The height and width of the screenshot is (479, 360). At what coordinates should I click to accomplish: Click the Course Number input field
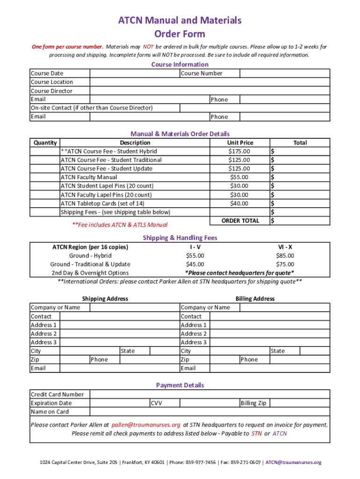285,73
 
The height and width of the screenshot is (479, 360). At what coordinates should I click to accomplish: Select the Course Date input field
135,73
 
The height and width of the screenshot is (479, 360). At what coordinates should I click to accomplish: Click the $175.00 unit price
239,151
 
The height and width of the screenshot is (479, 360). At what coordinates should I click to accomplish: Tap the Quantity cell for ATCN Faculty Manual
45,177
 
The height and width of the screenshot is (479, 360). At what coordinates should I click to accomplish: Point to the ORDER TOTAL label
240,221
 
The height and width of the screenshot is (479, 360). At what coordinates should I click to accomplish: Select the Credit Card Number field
209,394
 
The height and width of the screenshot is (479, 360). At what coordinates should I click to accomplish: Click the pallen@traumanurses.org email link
145,425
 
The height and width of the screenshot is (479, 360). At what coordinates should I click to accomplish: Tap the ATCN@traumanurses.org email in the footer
294,463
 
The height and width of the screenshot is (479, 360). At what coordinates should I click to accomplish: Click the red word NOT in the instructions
148,47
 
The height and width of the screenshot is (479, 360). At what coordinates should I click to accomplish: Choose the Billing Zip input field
300,403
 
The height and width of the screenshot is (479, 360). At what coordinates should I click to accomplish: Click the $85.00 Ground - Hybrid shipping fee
285,255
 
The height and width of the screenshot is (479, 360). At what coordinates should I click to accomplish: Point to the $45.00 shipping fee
195,264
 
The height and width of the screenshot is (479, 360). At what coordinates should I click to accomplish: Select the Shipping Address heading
105,298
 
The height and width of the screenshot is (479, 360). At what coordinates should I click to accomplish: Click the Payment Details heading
180,385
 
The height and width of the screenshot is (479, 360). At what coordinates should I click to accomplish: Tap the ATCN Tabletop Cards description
102,203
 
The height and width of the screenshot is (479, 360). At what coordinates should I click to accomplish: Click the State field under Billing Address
315,351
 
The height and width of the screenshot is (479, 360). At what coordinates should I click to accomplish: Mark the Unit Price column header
240,143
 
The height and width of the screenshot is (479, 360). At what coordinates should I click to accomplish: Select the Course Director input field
209,91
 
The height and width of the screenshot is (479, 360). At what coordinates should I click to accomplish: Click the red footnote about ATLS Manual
120,225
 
